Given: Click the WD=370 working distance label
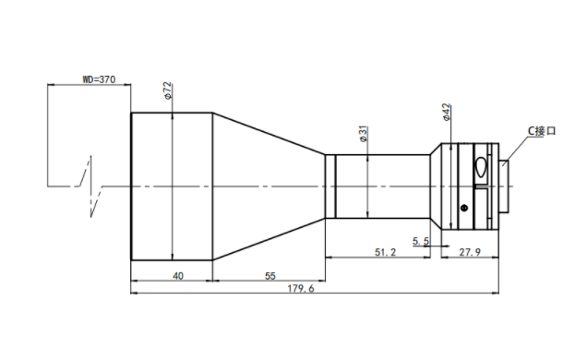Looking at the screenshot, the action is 99,79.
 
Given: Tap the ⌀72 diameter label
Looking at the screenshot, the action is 168,90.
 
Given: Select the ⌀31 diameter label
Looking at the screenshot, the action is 363,134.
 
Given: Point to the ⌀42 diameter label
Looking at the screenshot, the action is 446,113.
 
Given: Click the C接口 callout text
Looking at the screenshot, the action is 542,131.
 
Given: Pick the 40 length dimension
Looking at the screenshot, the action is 178,276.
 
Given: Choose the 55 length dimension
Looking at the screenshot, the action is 270,276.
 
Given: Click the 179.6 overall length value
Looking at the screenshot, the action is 301,289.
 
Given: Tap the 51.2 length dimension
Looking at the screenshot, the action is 385,252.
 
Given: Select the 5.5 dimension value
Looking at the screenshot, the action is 421,241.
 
